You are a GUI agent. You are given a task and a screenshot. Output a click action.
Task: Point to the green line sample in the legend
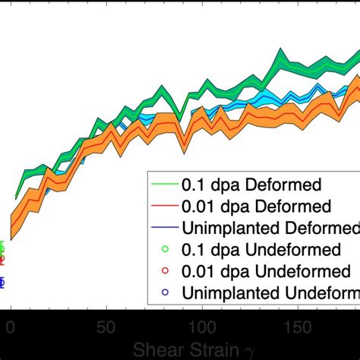click(163, 184)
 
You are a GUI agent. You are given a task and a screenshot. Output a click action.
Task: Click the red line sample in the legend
click(163, 206)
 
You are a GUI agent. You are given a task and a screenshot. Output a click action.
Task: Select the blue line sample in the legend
click(163, 228)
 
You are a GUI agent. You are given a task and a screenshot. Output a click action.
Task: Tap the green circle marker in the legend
click(164, 249)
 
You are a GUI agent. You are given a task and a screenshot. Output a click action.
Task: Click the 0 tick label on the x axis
click(11, 327)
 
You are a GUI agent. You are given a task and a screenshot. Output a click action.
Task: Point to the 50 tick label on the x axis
click(106, 327)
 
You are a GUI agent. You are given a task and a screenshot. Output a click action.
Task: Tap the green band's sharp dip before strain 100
click(177, 117)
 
